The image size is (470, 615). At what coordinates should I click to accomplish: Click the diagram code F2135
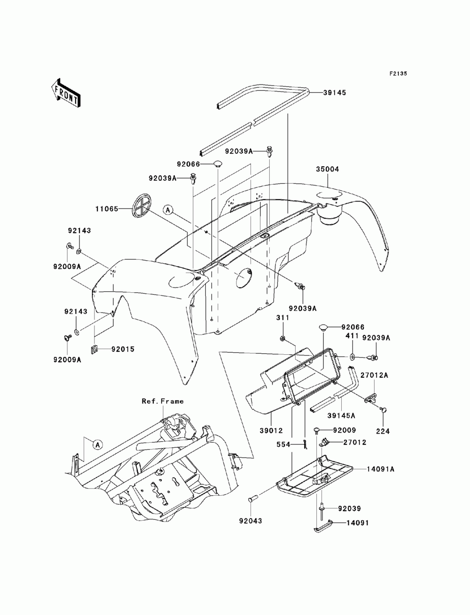click(x=398, y=74)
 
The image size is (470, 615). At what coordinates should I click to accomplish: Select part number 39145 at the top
click(x=335, y=93)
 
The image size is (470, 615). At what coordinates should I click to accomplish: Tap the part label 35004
click(x=327, y=169)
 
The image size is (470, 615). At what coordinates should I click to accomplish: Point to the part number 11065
click(x=107, y=209)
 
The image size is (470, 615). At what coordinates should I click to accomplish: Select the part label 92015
click(x=123, y=349)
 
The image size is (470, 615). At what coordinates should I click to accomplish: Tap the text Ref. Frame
click(x=163, y=402)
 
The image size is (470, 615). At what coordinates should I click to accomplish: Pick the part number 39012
click(x=271, y=431)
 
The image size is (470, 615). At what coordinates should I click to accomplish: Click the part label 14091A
click(x=381, y=469)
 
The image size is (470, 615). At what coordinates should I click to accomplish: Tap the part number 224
click(x=383, y=431)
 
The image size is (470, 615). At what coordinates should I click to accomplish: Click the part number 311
click(x=283, y=318)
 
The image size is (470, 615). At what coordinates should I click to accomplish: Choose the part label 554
click(x=283, y=444)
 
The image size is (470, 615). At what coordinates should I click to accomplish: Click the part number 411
click(x=352, y=335)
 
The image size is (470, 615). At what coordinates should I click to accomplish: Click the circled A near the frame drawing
click(x=97, y=444)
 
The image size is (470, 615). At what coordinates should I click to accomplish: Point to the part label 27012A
click(x=374, y=375)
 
